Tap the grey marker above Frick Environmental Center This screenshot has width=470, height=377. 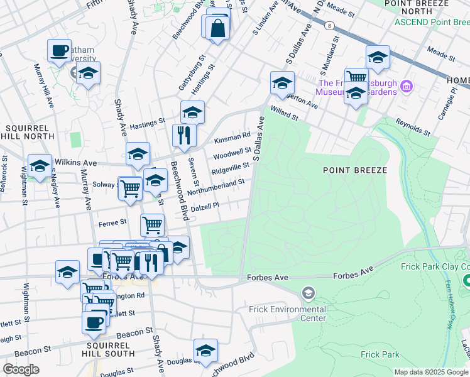coord(308,293)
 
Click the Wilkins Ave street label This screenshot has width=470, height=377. coord(76,162)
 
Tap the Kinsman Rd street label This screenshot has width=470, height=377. coord(232,134)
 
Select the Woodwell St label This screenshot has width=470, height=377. coord(232,153)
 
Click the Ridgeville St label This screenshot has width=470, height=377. coord(231,168)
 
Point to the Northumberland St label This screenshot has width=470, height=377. coord(216,184)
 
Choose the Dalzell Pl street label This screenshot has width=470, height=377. coord(204,205)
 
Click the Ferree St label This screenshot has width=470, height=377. coord(113,222)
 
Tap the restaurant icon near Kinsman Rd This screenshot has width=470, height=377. coord(184,134)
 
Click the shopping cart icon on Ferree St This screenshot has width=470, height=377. coord(153,224)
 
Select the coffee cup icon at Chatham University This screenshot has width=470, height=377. coord(60,50)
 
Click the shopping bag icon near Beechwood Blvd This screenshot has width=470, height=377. coord(217,28)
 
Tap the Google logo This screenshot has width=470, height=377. coord(21,369)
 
